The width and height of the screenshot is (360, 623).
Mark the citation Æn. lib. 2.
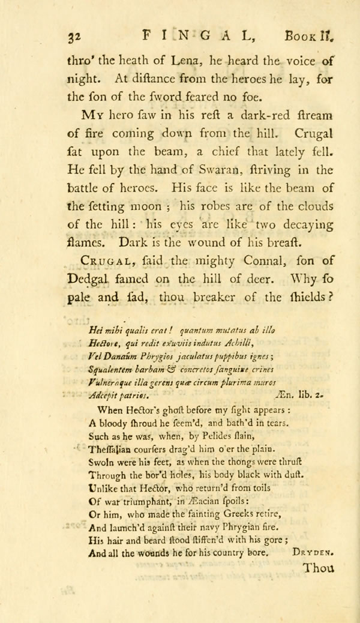(313, 396)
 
